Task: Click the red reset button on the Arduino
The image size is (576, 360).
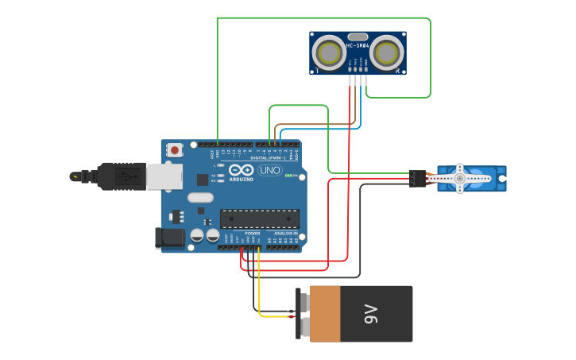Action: (174, 149)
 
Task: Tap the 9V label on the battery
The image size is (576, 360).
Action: (370, 314)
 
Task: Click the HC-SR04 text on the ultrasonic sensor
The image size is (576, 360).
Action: (357, 45)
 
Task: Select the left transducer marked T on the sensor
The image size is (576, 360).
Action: (328, 53)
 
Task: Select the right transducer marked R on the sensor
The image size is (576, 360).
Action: (386, 53)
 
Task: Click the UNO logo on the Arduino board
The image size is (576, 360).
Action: (269, 170)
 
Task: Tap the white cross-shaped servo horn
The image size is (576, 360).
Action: (459, 179)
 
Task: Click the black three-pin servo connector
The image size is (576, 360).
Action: (417, 179)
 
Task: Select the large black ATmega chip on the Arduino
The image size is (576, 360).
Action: (260, 219)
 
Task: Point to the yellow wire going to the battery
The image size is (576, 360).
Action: (274, 317)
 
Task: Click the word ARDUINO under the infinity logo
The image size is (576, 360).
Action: (241, 179)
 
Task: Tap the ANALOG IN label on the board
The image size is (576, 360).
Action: (286, 234)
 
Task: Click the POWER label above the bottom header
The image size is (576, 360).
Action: (253, 234)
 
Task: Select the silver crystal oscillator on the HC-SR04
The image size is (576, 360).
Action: (358, 37)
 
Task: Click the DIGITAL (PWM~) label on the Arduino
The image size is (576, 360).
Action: (270, 157)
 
